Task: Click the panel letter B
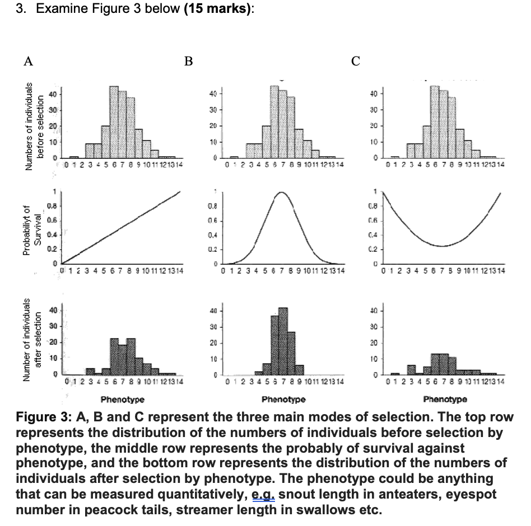coord(188,61)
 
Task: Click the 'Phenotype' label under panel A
coord(123,400)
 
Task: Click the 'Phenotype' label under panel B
coord(283,400)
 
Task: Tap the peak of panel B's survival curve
coord(282,192)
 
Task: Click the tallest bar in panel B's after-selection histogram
coord(283,341)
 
